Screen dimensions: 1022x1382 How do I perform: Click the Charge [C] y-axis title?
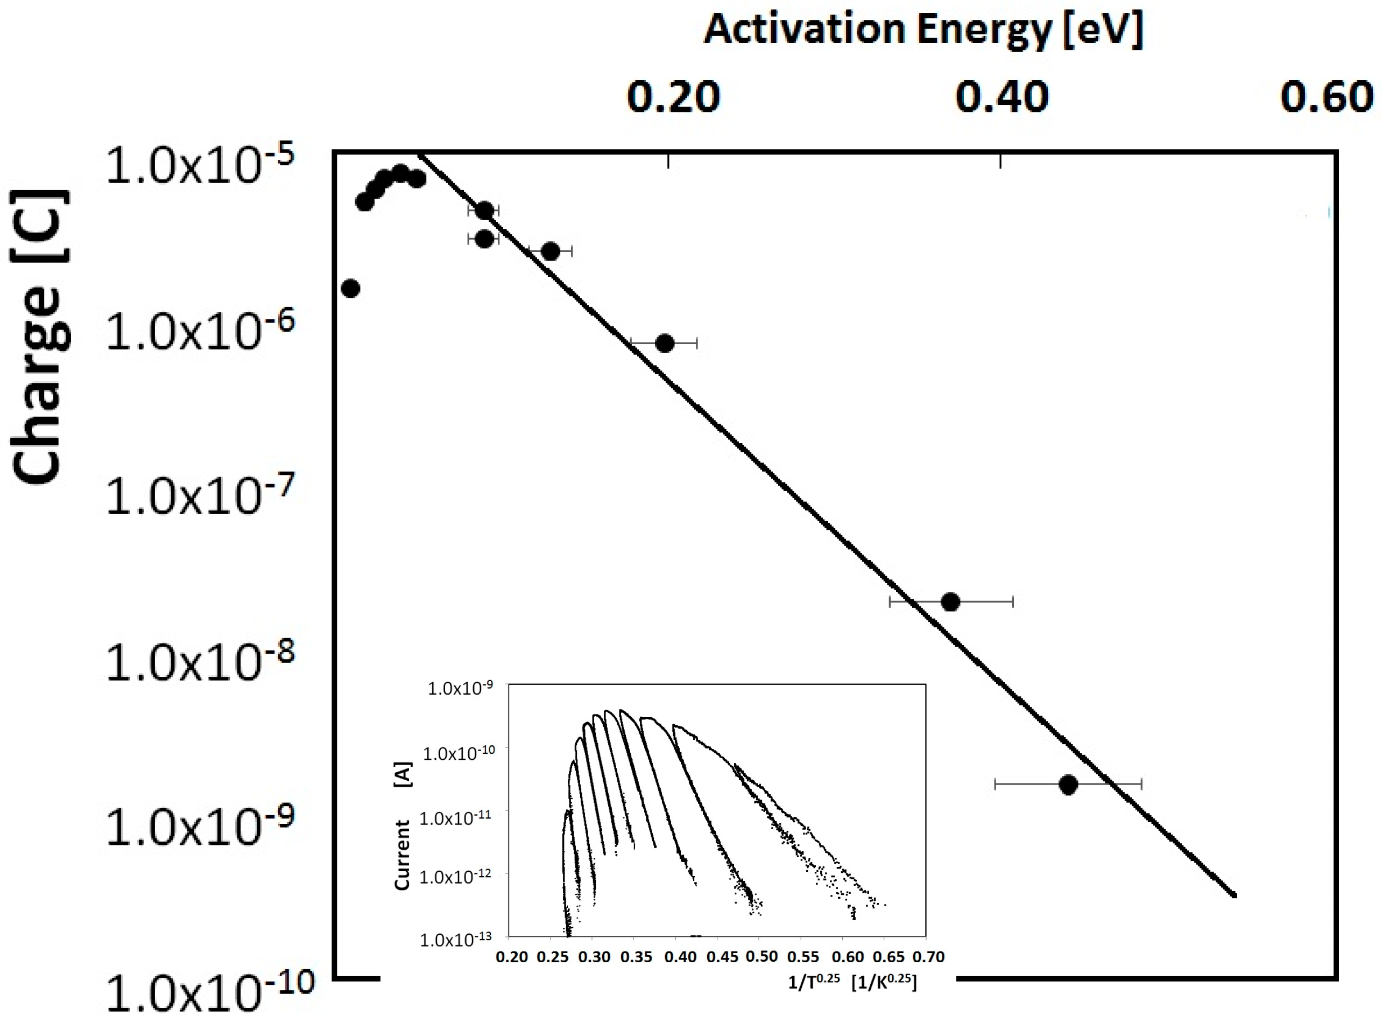click(40, 337)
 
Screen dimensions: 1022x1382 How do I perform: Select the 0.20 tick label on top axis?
click(673, 98)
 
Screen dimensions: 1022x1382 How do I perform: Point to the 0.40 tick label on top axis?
click(1002, 98)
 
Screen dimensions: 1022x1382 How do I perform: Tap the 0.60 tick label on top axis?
click(1327, 98)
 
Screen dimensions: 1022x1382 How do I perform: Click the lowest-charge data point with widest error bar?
click(1068, 785)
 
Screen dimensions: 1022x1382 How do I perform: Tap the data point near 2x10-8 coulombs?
click(950, 601)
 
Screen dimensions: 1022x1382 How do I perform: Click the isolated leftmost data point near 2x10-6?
click(350, 288)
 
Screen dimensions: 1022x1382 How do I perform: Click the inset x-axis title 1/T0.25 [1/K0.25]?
click(852, 982)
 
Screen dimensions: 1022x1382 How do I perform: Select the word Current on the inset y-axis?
click(403, 855)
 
